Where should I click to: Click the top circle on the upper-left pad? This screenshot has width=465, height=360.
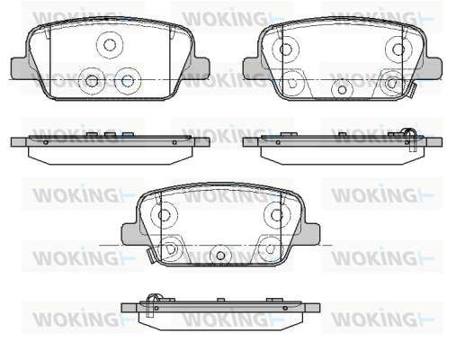(110, 45)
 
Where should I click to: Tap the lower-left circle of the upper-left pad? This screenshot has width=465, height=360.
(92, 80)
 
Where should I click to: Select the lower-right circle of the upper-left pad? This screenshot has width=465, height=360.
(128, 80)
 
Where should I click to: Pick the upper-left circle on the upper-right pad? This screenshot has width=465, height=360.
(285, 49)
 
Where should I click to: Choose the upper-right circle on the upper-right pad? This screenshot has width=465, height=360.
(398, 49)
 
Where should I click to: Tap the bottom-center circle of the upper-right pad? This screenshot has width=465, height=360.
(342, 89)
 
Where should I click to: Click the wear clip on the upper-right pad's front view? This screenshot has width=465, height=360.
(411, 91)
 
